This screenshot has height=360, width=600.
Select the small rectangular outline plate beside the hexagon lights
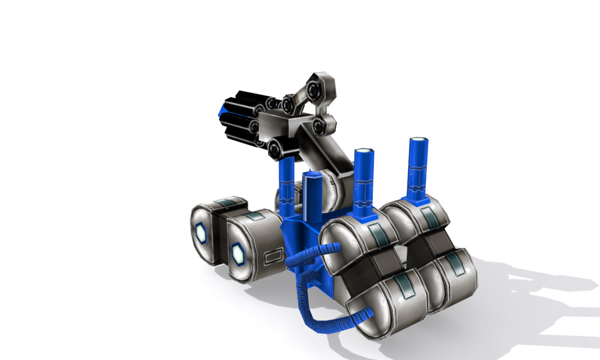pos(273,257)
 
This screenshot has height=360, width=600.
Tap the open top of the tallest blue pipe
pos(419,142)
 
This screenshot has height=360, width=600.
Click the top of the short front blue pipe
pos(312,178)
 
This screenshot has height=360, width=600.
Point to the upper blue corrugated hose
pos(309,255)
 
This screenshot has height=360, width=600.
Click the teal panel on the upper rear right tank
pos(428,217)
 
